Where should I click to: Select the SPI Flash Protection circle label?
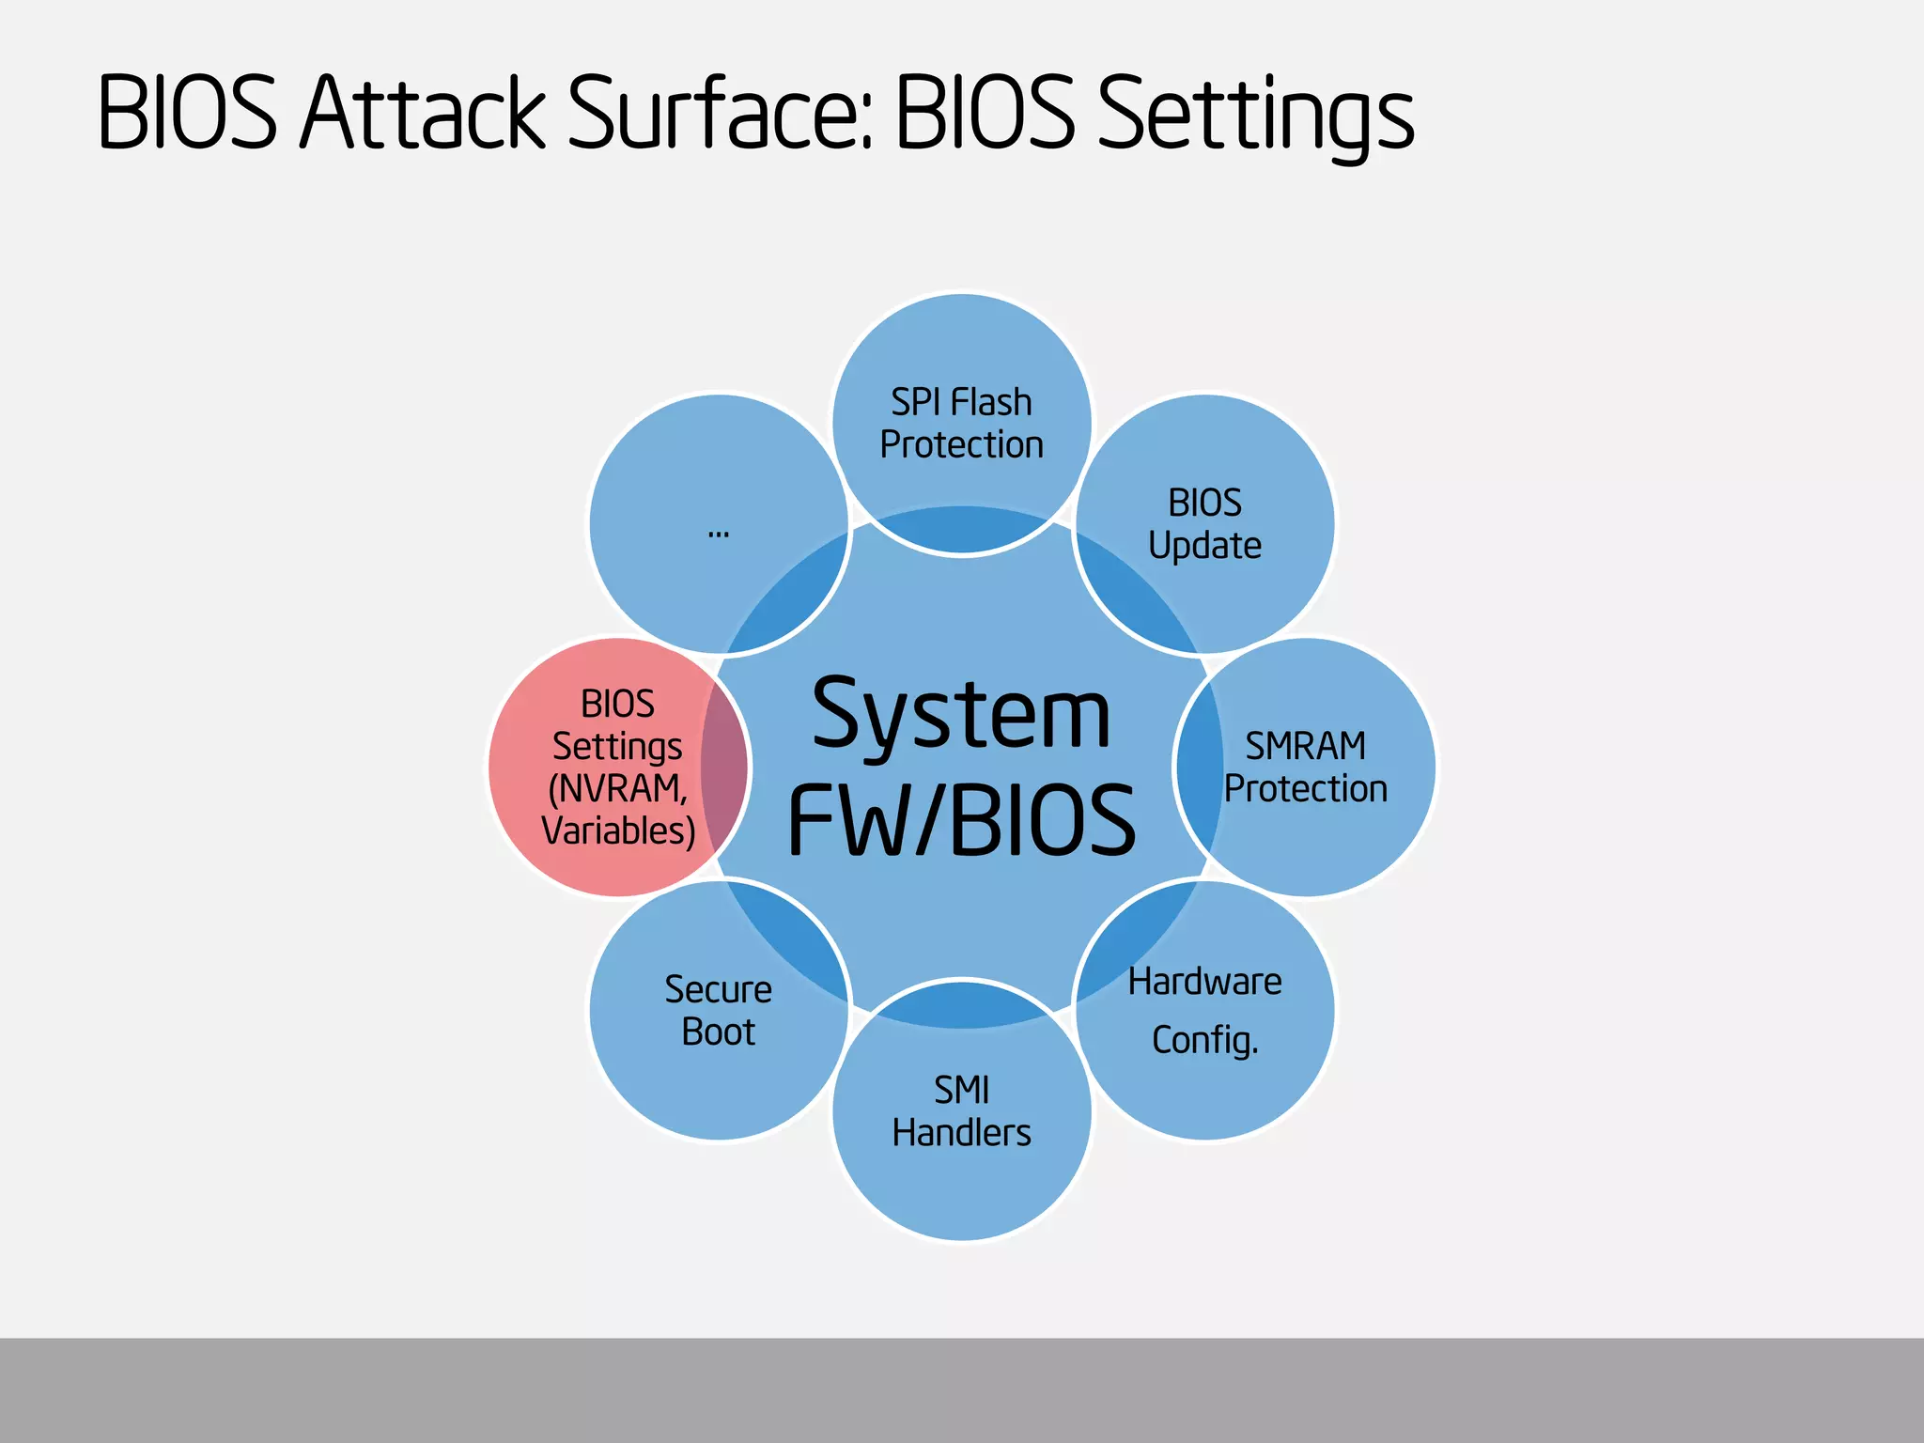(961, 424)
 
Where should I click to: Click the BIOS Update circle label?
(1204, 524)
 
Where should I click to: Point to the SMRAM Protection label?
(1305, 768)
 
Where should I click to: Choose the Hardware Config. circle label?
(1204, 1010)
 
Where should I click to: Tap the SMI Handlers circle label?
(961, 1111)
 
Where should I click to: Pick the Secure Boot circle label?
(719, 1011)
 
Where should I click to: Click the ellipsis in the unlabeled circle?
(719, 533)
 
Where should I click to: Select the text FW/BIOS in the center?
(961, 821)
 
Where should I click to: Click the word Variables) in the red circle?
(617, 831)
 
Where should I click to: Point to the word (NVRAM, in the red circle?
(617, 789)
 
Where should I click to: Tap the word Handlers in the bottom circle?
(961, 1133)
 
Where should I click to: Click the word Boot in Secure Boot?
(719, 1032)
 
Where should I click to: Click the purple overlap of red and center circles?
(724, 768)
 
